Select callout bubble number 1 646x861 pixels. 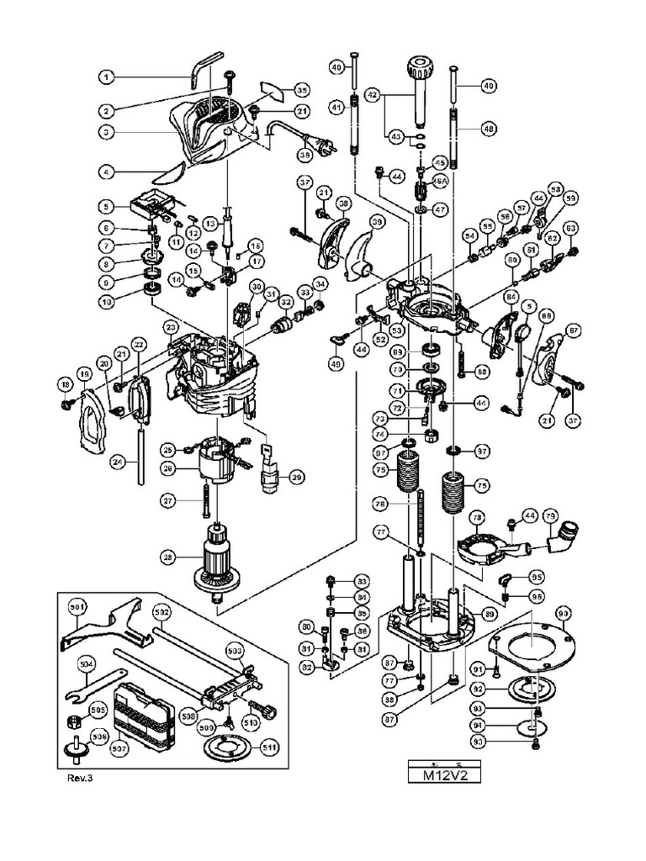tap(107, 77)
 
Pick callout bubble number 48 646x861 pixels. tap(488, 129)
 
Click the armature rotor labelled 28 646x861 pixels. tap(217, 562)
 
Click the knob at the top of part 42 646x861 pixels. tap(419, 66)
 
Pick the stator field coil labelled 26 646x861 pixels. tap(220, 463)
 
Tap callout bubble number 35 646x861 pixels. tap(301, 90)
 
